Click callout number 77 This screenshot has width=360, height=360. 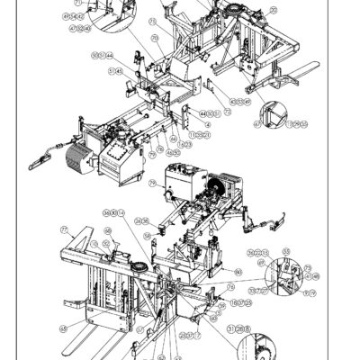pyautogui.click(x=65, y=229)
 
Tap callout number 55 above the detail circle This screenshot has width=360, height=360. pyautogui.click(x=287, y=251)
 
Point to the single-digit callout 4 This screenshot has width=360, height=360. pyautogui.click(x=208, y=125)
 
